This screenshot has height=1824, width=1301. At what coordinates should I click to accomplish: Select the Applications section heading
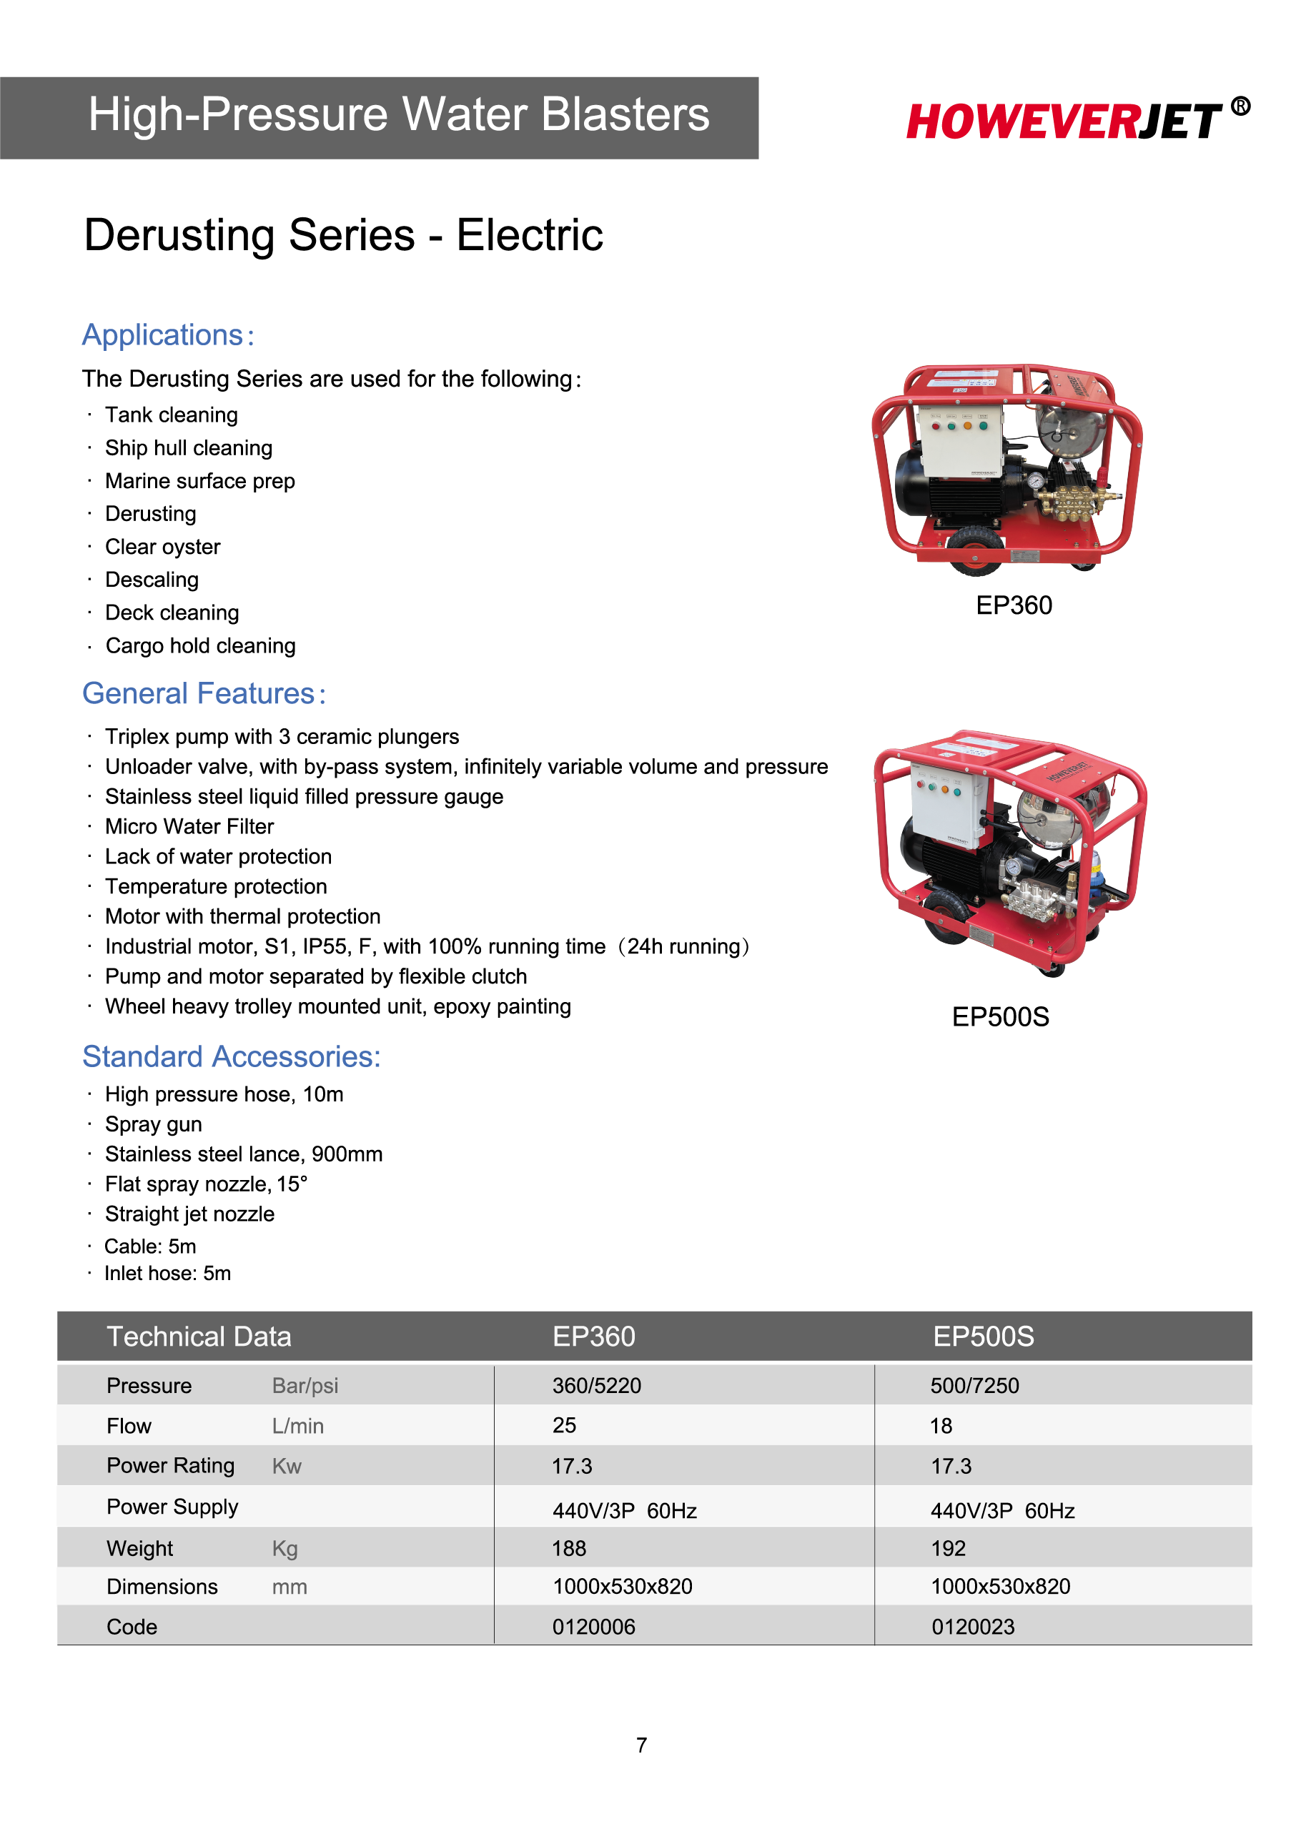click(168, 334)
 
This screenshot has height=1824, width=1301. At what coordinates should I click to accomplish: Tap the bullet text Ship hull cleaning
click(188, 448)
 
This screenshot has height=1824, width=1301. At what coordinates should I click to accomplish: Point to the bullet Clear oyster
click(163, 546)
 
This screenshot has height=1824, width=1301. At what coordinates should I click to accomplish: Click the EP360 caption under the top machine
click(1014, 605)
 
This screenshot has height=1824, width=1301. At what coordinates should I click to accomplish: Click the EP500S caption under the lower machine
click(1000, 1016)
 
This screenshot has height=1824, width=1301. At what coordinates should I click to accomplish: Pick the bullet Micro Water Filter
click(189, 826)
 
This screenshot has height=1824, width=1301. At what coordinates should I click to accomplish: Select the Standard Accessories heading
click(232, 1056)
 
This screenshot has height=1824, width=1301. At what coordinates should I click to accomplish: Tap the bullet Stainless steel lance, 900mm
click(244, 1154)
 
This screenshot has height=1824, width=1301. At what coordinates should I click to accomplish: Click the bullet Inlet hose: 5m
click(167, 1273)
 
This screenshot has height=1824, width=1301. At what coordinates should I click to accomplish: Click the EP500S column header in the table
click(983, 1336)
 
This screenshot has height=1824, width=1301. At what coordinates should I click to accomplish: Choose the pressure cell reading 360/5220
click(597, 1386)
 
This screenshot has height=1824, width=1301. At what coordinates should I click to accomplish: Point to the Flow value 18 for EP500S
click(941, 1426)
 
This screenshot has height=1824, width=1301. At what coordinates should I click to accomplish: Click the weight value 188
click(569, 1548)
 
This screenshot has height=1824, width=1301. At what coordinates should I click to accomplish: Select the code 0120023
click(973, 1627)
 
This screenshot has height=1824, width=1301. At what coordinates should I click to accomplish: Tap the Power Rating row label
click(171, 1466)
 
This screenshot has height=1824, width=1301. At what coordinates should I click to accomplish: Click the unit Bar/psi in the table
click(305, 1386)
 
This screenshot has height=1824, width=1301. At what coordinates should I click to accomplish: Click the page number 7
click(642, 1745)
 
